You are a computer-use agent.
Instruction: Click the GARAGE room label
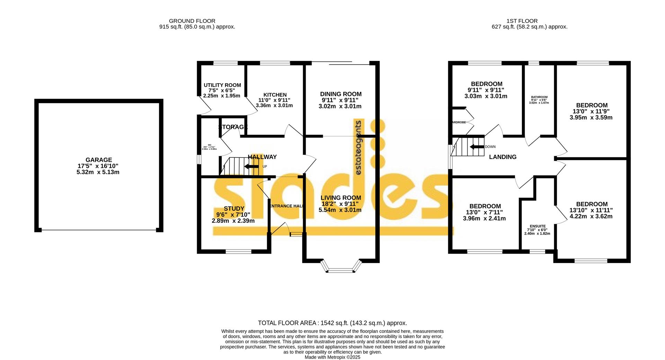(99, 160)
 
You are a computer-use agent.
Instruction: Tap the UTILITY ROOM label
(222, 85)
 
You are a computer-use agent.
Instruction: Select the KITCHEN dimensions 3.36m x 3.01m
(274, 106)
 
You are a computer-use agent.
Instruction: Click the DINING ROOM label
(340, 94)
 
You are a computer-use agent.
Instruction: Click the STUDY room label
(234, 209)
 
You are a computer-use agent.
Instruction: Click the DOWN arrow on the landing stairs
(476, 147)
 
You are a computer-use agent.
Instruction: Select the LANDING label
(502, 157)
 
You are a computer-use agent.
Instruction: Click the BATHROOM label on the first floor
(539, 97)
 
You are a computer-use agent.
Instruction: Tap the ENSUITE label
(537, 226)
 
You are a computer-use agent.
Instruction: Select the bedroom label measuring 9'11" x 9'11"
(486, 84)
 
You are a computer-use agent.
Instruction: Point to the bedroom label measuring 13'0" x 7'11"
(485, 207)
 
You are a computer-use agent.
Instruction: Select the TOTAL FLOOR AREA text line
(332, 323)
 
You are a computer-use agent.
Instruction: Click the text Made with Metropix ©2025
(332, 357)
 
